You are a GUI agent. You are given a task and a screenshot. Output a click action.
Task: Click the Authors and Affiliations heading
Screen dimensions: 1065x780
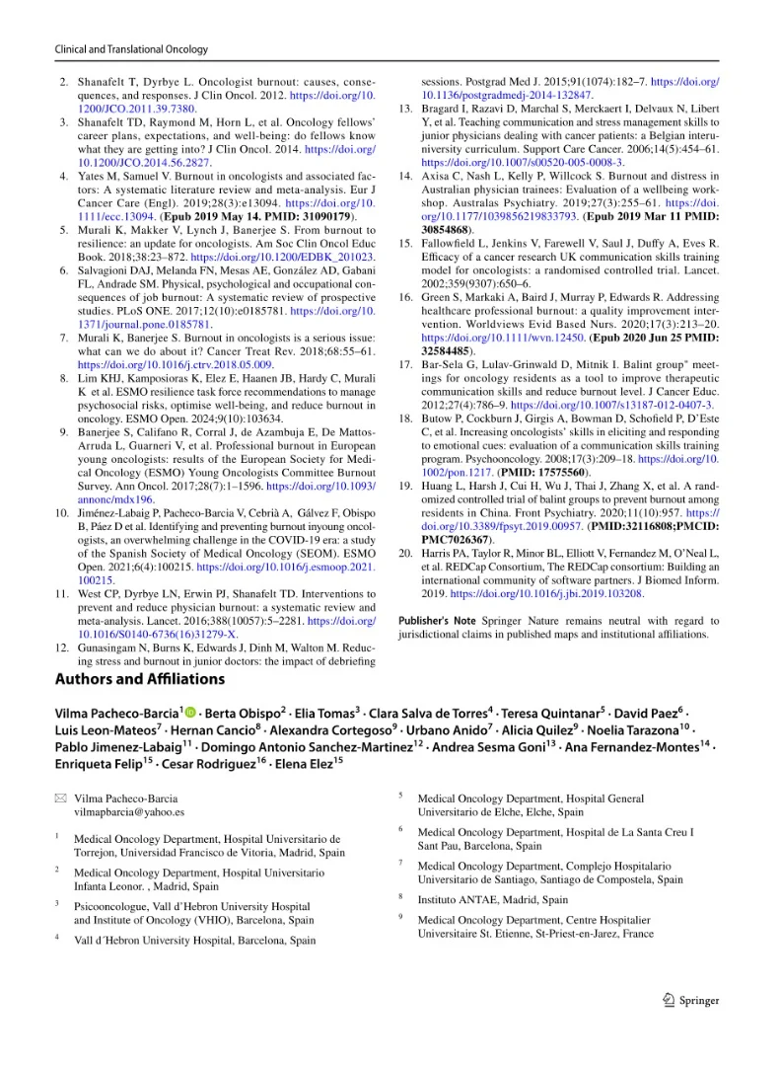pyautogui.click(x=139, y=678)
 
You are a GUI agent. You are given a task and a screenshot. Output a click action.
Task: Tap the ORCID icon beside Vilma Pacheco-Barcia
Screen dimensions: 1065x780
pyautogui.click(x=190, y=713)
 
